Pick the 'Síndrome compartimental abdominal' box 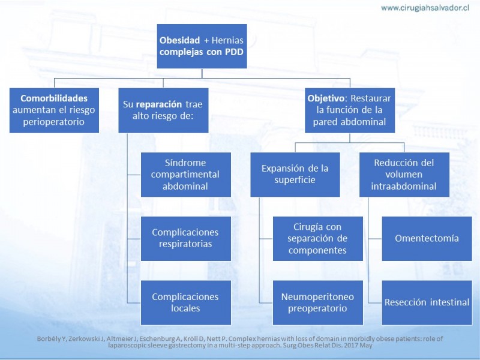coord(185,174)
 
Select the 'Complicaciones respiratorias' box coord(185,238)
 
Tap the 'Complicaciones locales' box coord(185,302)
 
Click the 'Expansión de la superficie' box coord(295,174)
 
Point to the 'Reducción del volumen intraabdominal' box coord(404,174)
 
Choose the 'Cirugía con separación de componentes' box coord(317,238)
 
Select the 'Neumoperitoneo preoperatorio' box coord(317,302)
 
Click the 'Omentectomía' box coord(427,238)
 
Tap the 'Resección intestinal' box coord(427,302)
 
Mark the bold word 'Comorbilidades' coord(54,98)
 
